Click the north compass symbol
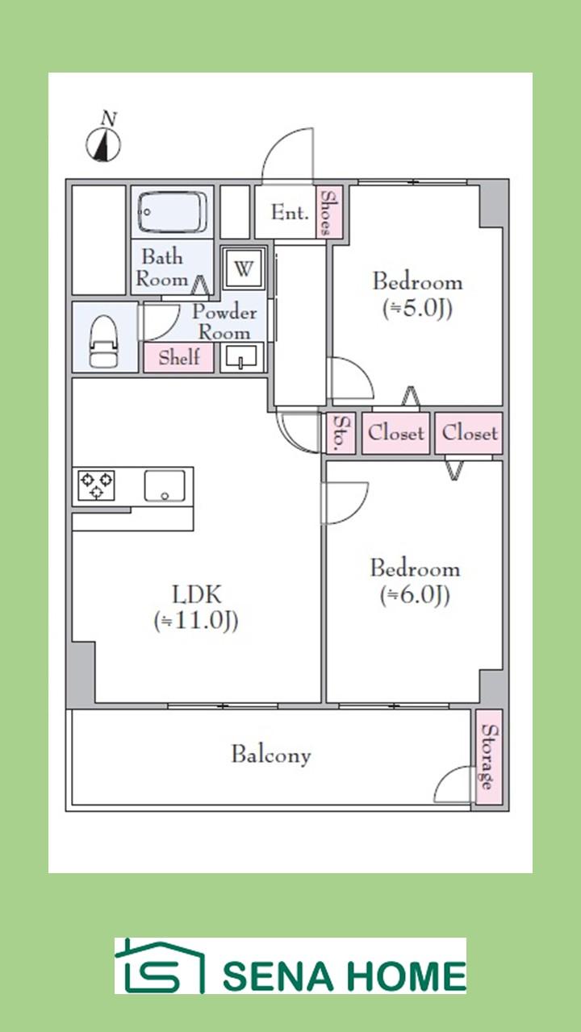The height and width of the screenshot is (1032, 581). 104,142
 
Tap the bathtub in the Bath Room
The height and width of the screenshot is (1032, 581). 173,212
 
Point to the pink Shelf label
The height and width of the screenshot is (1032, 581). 179,358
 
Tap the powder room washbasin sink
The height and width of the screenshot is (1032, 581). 243,356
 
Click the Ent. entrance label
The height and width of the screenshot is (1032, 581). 289,213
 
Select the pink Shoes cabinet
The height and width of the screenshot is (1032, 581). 326,212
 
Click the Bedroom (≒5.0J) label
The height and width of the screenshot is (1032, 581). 417,294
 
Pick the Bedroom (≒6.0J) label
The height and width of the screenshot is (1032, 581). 415,580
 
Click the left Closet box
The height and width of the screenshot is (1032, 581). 395,433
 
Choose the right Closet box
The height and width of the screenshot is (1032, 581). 469,433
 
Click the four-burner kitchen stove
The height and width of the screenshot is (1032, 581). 96,485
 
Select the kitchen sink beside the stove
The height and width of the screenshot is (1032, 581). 165,485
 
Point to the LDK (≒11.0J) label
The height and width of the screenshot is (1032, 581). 196,607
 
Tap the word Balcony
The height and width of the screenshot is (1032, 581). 270,755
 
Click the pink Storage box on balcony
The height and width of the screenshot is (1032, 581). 488,757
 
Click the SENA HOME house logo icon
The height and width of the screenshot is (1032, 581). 159,967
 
